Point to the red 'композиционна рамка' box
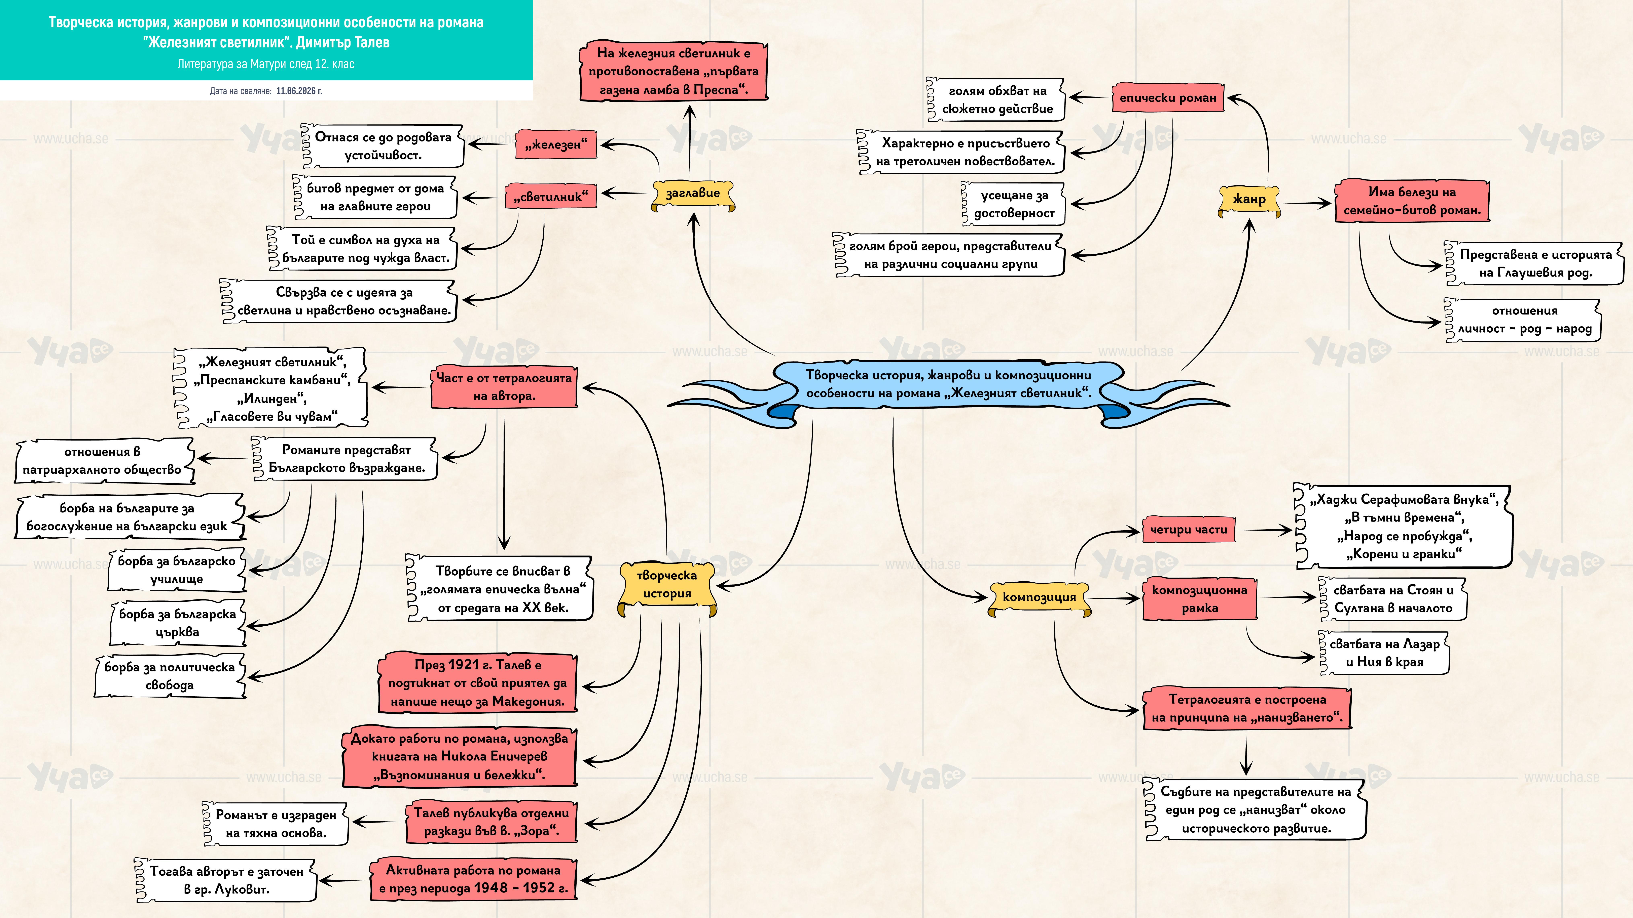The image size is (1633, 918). click(1199, 599)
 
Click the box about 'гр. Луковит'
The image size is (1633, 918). click(226, 880)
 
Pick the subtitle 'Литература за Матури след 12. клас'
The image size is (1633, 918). click(266, 64)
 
